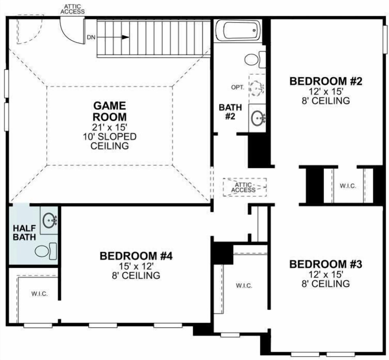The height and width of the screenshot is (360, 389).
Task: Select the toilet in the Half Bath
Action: (46, 251)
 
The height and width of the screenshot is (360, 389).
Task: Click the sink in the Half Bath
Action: (50, 221)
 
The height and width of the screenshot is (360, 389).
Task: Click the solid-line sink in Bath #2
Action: (258, 118)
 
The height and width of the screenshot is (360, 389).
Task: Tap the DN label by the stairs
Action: (91, 37)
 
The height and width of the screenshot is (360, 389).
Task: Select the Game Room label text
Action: (110, 111)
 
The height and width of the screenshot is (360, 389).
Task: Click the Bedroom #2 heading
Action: (326, 81)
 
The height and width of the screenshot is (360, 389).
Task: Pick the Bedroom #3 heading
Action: (326, 264)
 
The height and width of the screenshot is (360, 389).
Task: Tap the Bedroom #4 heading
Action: (136, 256)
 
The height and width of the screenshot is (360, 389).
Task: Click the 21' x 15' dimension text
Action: (110, 128)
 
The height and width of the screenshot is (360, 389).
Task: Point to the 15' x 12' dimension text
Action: (136, 266)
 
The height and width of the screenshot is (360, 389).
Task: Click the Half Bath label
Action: (24, 233)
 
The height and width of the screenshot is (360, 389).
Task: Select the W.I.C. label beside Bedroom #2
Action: (348, 186)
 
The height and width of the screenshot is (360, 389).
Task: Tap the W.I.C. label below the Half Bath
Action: (40, 294)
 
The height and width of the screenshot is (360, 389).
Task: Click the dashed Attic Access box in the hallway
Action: (245, 187)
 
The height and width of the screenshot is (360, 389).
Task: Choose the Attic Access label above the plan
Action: (73, 9)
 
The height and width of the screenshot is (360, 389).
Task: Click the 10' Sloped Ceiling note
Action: (110, 141)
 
